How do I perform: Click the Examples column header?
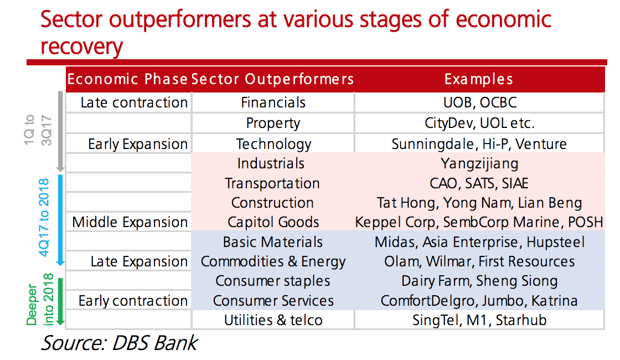(x=478, y=79)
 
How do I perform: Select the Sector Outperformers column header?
(x=272, y=79)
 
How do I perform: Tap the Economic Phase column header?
(x=127, y=79)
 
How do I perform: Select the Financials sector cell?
(x=273, y=102)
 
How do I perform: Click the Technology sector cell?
(x=273, y=145)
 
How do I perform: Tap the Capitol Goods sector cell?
(x=273, y=222)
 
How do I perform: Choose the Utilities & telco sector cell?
(x=273, y=320)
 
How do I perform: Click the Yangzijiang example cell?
(x=479, y=164)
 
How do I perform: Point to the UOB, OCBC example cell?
(x=480, y=102)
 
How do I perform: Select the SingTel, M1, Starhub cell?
(x=479, y=320)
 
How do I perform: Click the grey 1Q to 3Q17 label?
(x=38, y=130)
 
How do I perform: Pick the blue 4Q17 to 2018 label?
(x=44, y=218)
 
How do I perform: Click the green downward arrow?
(x=60, y=301)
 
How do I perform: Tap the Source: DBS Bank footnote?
(x=119, y=343)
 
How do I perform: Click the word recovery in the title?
(x=81, y=47)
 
